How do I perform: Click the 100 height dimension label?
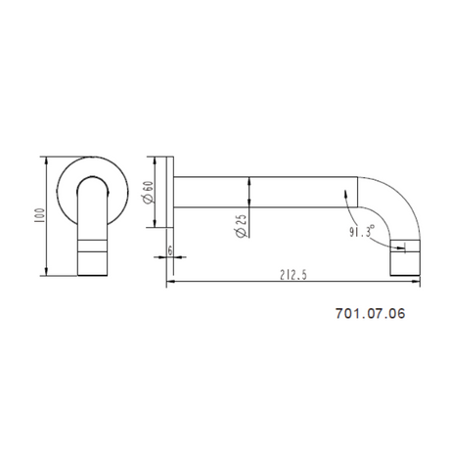[39, 215]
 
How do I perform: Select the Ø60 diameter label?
[148, 193]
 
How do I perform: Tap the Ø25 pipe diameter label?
[241, 226]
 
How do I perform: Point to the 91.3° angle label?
[362, 231]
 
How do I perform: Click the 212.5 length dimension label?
[293, 275]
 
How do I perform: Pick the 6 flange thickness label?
[170, 250]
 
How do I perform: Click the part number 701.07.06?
[371, 313]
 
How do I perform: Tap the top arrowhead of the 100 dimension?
[46, 160]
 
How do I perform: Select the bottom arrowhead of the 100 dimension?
[46, 272]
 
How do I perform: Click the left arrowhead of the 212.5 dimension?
[170, 282]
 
